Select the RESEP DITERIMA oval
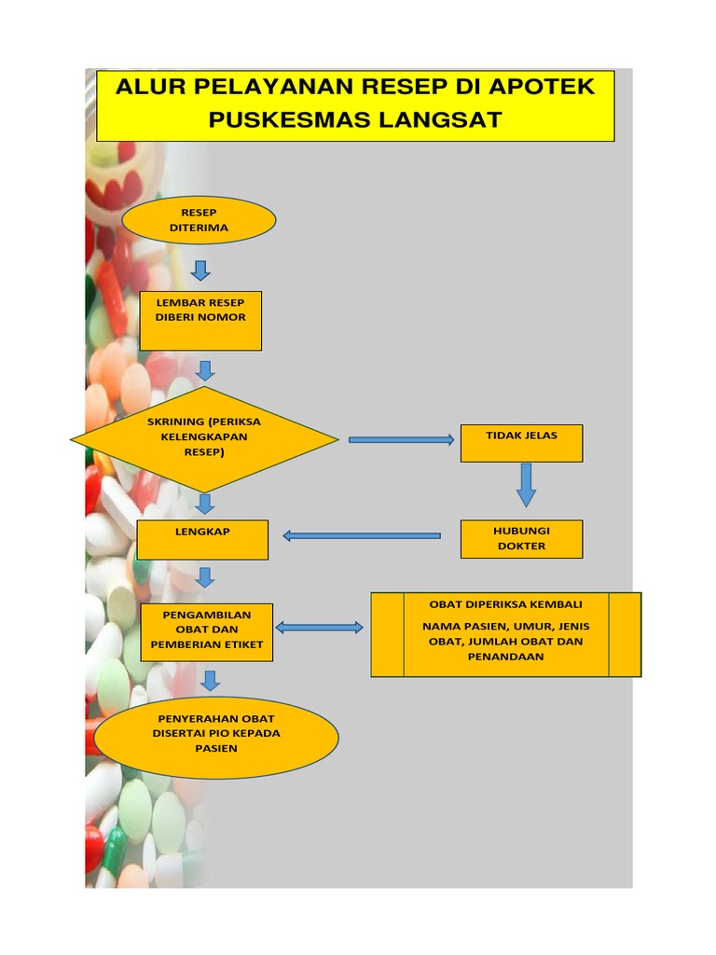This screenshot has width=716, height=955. click(x=199, y=220)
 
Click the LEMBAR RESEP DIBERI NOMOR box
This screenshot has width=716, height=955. click(x=200, y=320)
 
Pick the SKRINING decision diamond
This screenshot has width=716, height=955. click(x=204, y=438)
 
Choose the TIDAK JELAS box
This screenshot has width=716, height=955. click(x=521, y=443)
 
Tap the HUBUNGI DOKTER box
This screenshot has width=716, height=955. click(x=521, y=539)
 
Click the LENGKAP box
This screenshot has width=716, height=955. click(x=202, y=540)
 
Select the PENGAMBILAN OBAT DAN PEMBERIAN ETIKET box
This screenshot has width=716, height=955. click(x=206, y=631)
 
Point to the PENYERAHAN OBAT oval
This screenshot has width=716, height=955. click(x=216, y=736)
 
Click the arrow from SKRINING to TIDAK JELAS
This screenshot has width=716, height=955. click(x=401, y=439)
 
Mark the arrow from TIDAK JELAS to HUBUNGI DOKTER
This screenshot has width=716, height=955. click(x=526, y=485)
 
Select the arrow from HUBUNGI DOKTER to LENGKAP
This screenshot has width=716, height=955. click(x=362, y=535)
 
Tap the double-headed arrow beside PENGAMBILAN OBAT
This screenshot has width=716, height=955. click(x=320, y=628)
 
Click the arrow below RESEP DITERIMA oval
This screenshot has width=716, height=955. click(x=200, y=270)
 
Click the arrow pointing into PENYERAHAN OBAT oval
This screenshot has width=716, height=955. click(x=211, y=680)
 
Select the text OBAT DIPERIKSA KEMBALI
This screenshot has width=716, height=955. click(x=505, y=604)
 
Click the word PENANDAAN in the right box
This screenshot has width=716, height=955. click(x=505, y=657)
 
